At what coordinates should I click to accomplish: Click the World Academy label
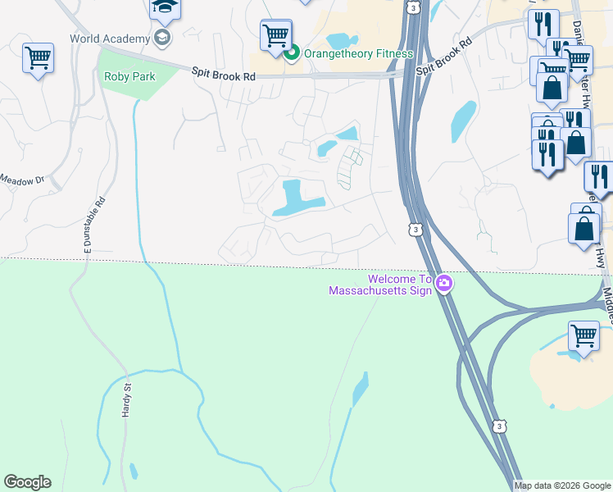pyautogui.click(x=110, y=39)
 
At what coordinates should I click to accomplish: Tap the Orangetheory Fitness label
pyautogui.click(x=358, y=54)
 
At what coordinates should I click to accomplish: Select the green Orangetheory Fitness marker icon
pyautogui.click(x=291, y=54)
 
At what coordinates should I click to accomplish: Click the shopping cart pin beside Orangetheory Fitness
pyautogui.click(x=276, y=34)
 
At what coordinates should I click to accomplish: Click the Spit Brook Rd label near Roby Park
pyautogui.click(x=224, y=75)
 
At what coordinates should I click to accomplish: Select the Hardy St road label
pyautogui.click(x=127, y=400)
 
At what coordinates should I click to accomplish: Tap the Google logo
pyautogui.click(x=27, y=482)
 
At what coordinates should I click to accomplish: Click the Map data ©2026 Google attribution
pyautogui.click(x=562, y=485)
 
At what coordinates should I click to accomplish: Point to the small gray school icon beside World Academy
pyautogui.click(x=161, y=38)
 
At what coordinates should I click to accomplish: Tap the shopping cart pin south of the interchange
pyautogui.click(x=583, y=335)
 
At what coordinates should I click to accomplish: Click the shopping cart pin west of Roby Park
pyautogui.click(x=38, y=58)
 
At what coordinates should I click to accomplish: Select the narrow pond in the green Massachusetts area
pyautogui.click(x=360, y=389)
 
